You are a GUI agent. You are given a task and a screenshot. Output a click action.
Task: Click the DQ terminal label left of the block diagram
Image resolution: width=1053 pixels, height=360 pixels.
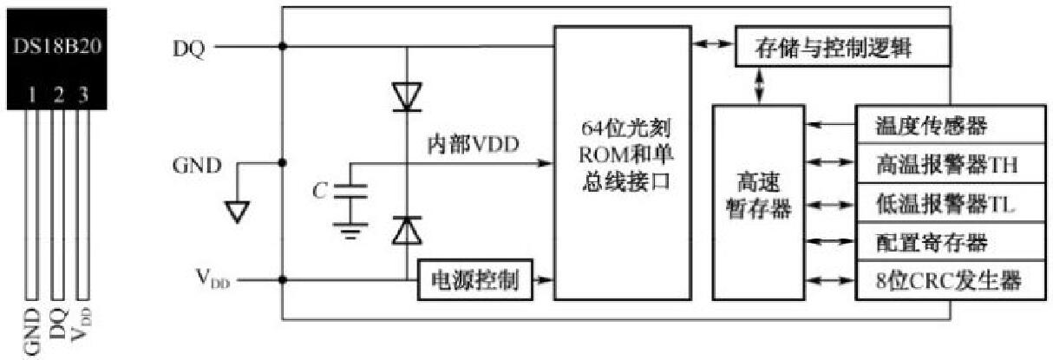[x=188, y=49]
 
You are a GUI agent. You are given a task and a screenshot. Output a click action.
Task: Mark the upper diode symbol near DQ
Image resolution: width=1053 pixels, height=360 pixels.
[x=407, y=95]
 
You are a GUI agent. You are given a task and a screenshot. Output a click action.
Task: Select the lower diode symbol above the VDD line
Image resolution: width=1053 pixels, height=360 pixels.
[x=407, y=230]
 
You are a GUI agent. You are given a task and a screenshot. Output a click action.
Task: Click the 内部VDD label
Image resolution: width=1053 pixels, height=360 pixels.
[x=473, y=145]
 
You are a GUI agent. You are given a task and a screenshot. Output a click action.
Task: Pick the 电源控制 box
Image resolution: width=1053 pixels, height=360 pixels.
[x=474, y=280]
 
